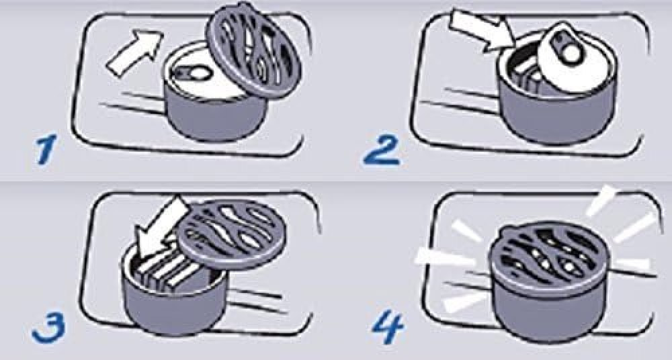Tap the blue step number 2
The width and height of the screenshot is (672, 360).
click(x=382, y=150)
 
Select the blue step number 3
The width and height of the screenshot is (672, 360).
click(x=49, y=328)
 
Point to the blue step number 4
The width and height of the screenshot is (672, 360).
click(x=388, y=328)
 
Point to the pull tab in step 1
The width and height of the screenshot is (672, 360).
click(x=192, y=73)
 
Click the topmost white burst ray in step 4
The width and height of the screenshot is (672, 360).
click(x=601, y=201)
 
